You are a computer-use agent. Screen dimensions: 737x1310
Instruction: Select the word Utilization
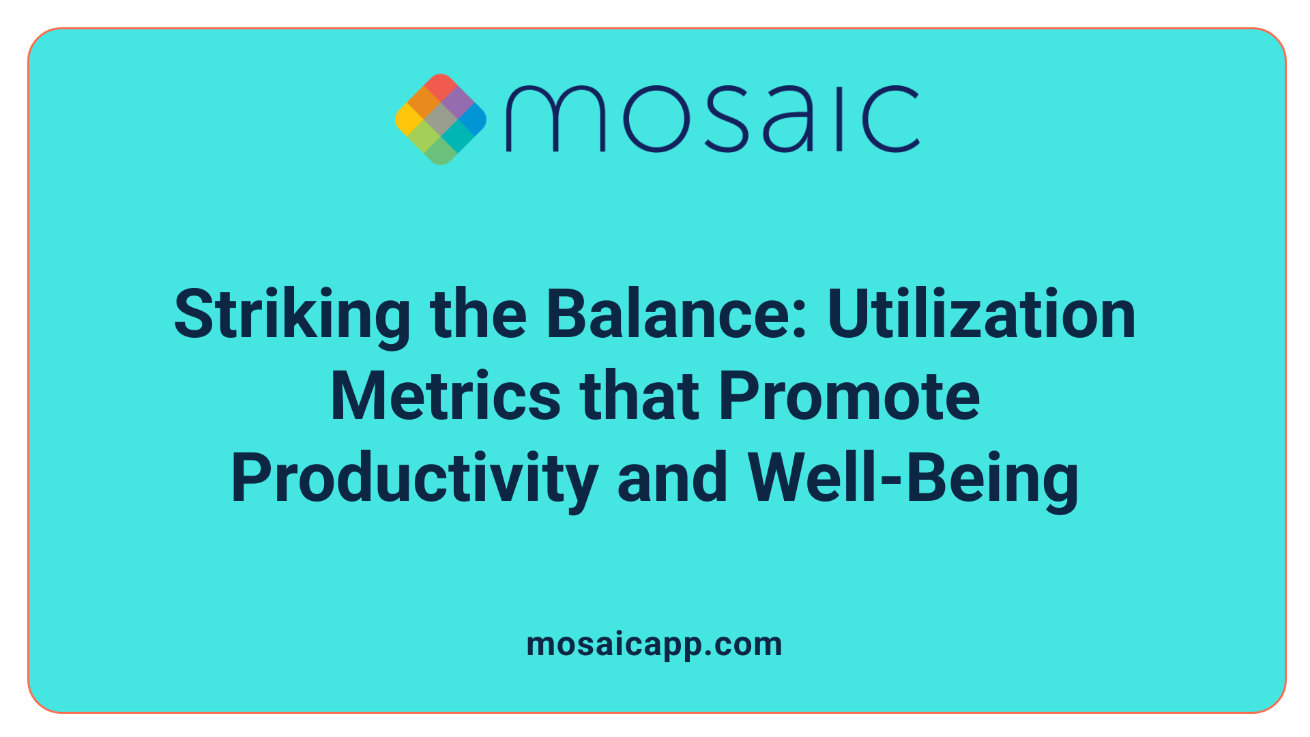[982, 315]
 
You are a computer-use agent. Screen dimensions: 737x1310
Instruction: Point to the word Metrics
[446, 396]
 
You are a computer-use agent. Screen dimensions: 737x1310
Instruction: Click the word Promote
[849, 396]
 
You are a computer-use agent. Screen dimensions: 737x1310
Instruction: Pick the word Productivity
[414, 478]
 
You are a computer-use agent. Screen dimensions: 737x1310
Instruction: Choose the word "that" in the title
[639, 396]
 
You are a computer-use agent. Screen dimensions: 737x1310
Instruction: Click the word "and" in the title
[672, 478]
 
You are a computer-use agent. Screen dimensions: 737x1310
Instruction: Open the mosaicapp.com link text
[654, 644]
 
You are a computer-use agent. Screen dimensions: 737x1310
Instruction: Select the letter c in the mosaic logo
[890, 119]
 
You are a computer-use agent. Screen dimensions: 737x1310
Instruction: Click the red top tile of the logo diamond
[441, 87]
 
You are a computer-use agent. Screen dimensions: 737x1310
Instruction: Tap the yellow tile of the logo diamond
[409, 119]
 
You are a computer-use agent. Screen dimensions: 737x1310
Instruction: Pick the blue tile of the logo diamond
[472, 119]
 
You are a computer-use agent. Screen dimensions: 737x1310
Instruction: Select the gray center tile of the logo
[441, 119]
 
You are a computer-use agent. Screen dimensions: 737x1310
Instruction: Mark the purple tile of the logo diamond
[456, 103]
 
